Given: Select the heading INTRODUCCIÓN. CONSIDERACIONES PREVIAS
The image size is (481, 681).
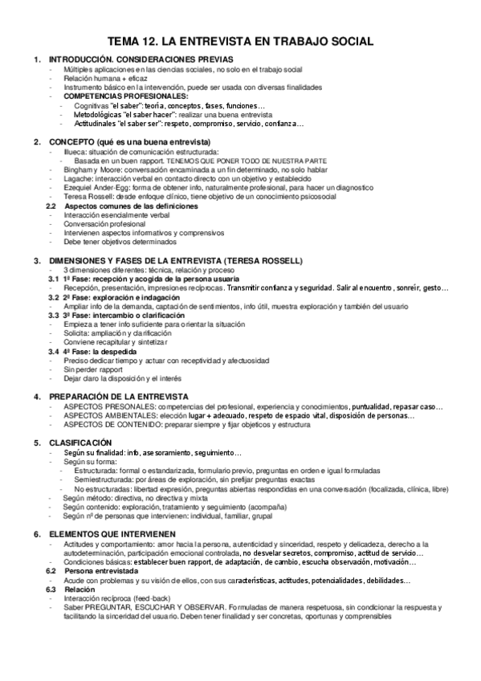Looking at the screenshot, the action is [x=141, y=60].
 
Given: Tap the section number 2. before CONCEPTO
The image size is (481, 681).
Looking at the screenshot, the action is [x=37, y=142].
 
